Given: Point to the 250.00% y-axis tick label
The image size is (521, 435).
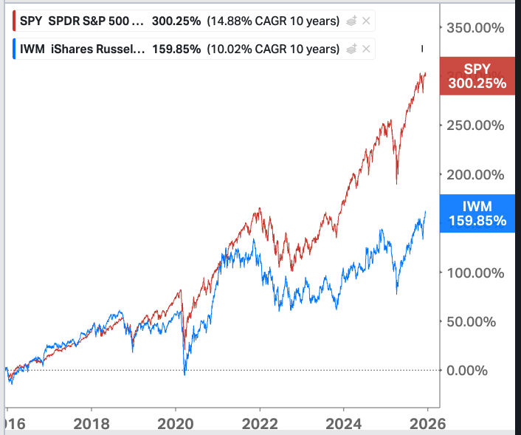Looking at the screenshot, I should pos(477,126).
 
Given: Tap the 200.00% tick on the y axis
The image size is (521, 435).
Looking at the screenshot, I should pos(477,174).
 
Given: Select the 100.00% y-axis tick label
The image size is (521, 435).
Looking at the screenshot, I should pos(477,272).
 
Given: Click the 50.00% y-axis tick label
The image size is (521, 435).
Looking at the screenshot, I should pos(480,321).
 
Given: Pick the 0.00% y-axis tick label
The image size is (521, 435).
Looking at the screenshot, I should pos(483,370).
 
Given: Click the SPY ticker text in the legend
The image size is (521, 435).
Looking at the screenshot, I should pos(32,21).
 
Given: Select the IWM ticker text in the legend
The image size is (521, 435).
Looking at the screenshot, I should pos(32,49).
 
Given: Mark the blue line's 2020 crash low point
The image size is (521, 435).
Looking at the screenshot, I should pos(184,374).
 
